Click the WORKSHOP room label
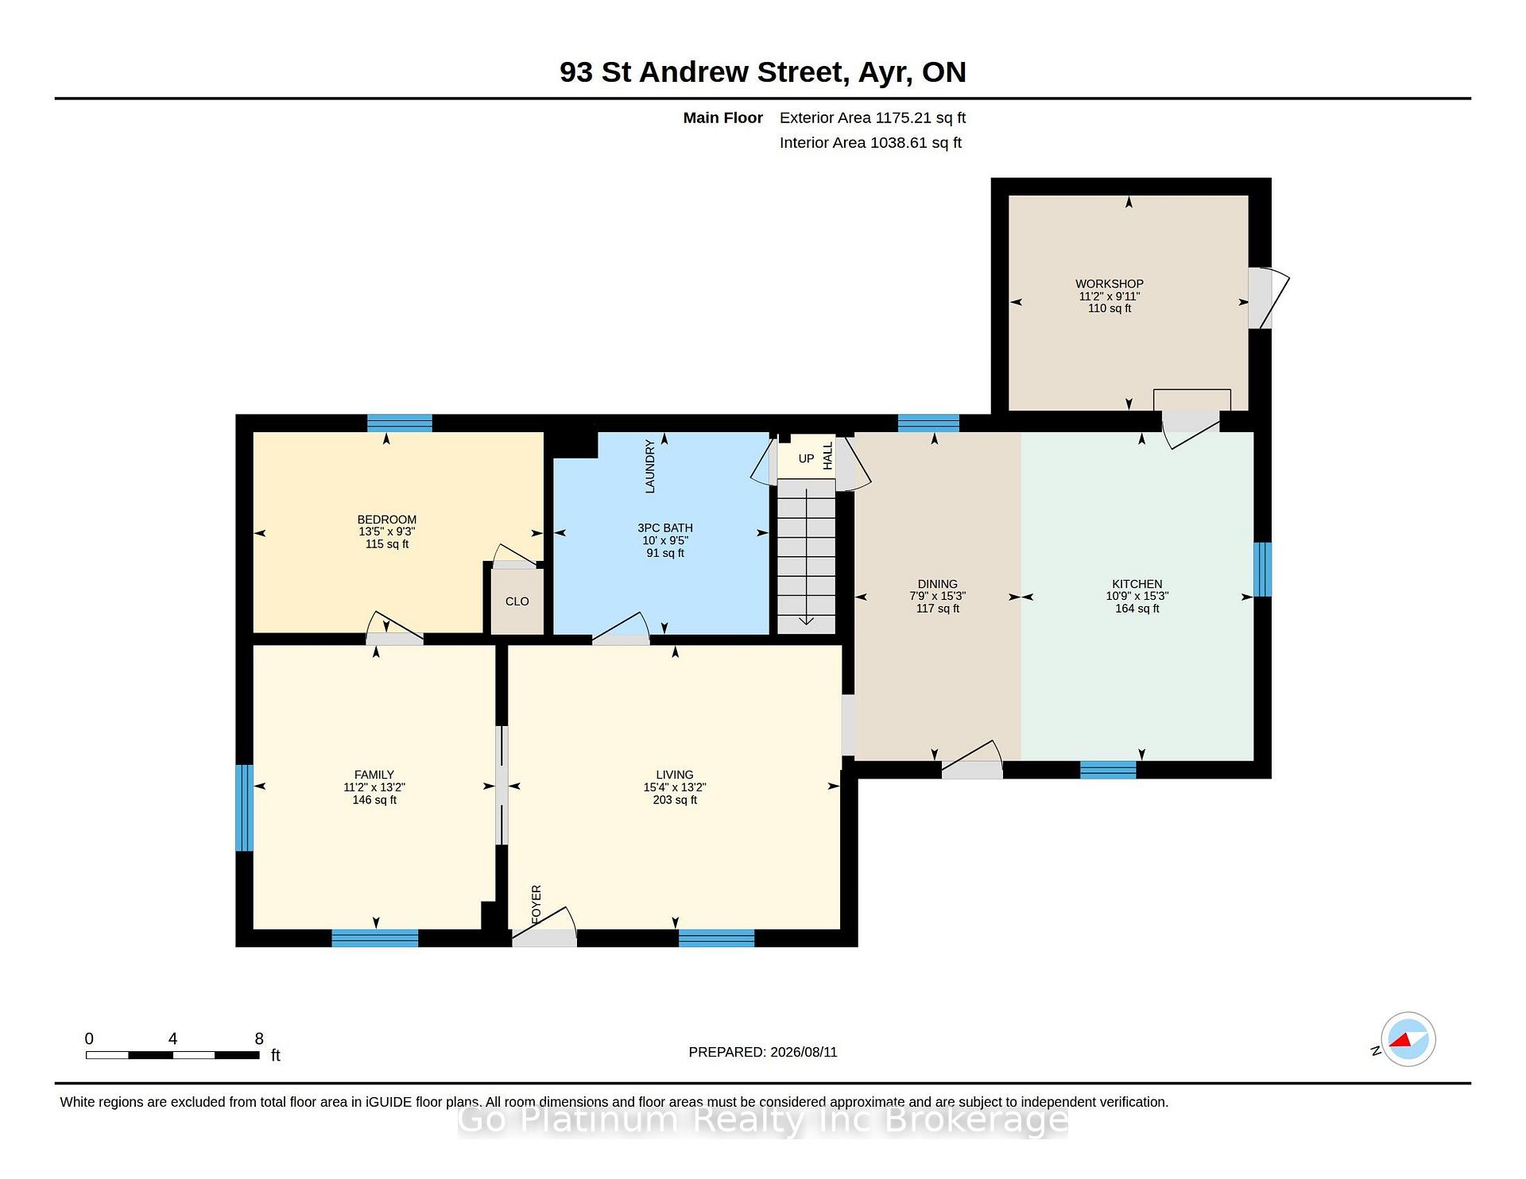pos(1110,284)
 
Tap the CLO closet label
pos(517,601)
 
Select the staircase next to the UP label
pos(806,556)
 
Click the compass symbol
pos(1408,1039)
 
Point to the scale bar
pos(172,1055)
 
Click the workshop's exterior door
pos(1268,299)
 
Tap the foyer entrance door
pos(544,927)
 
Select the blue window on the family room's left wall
pos(244,807)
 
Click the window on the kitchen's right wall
pos(1262,569)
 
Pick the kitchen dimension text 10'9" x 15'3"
pos(1137,596)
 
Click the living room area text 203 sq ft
pos(675,800)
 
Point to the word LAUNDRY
pos(650,466)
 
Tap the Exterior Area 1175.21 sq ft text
pos(873,118)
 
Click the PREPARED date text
pos(763,1052)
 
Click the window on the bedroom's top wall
pos(400,423)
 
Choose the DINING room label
pos(938,584)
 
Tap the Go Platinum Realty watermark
pos(763,1120)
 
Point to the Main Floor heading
pos(723,118)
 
